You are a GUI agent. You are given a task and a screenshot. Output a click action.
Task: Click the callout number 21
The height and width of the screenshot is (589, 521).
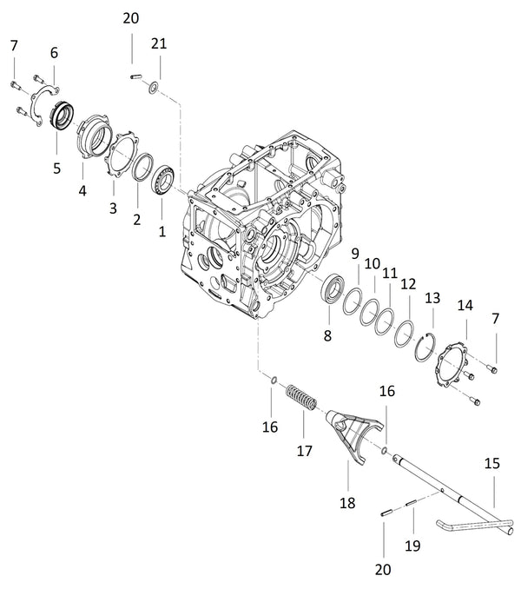(x=157, y=43)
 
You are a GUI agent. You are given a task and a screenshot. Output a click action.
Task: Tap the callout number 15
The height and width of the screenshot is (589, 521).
(x=491, y=464)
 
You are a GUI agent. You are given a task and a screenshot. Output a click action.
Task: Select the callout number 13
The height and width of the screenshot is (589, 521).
(x=432, y=298)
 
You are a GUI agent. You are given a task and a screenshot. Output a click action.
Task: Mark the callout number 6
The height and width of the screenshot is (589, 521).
(x=54, y=53)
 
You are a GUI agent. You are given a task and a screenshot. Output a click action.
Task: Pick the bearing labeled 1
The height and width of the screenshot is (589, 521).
(x=163, y=182)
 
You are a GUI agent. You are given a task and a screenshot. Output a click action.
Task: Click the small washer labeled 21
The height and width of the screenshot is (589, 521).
(x=153, y=85)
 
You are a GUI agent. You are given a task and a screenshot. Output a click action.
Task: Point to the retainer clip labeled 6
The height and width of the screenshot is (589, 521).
(x=40, y=103)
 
